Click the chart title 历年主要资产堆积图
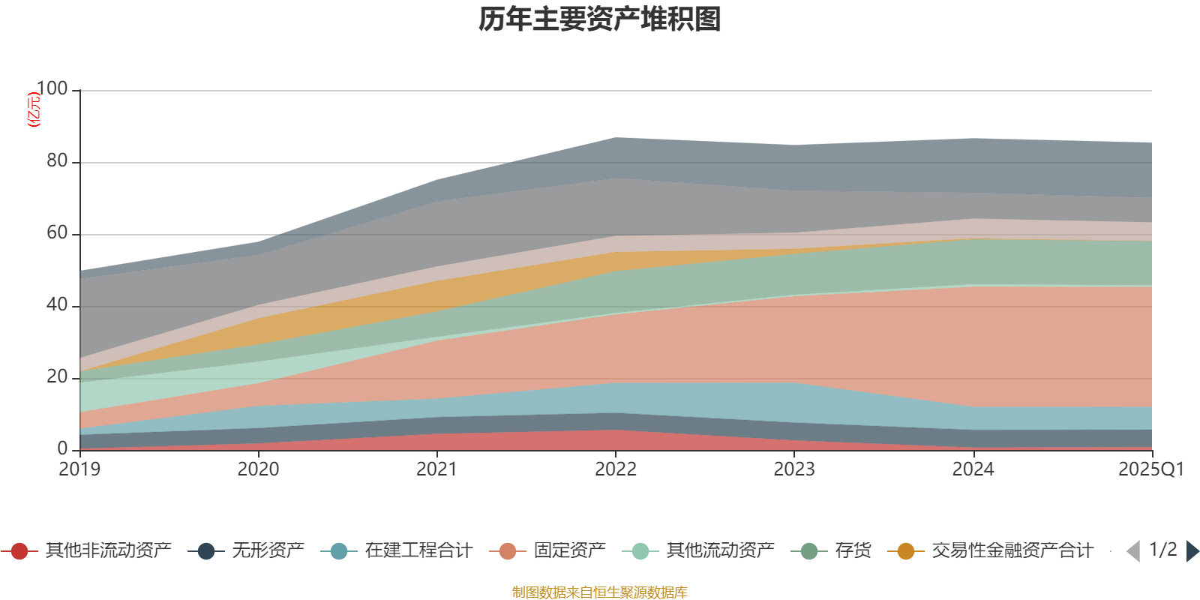[600, 19]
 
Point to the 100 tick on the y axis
[52, 88]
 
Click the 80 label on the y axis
[57, 160]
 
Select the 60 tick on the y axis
[57, 232]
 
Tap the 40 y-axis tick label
[57, 304]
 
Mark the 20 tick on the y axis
[57, 376]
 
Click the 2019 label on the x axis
[79, 469]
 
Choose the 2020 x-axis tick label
[258, 469]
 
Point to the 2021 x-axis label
[436, 469]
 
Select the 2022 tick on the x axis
[615, 469]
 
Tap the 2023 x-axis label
[794, 469]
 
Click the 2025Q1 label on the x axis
[1150, 469]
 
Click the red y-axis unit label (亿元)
[34, 109]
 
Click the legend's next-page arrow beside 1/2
[1192, 551]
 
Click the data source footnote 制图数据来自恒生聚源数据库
[600, 592]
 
